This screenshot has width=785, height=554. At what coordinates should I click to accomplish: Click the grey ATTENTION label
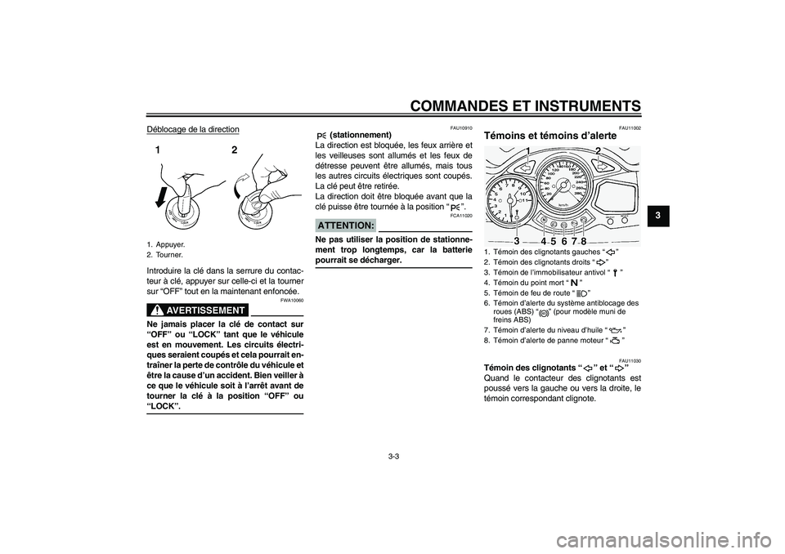(x=345, y=225)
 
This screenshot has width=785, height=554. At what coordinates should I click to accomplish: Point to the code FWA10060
(x=292, y=301)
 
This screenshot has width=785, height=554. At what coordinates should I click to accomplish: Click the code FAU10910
(x=461, y=127)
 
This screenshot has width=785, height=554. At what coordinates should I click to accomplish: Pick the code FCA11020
(x=461, y=216)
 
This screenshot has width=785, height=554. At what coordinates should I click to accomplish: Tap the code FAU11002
(x=630, y=127)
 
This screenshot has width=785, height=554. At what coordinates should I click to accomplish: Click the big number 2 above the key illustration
(x=235, y=151)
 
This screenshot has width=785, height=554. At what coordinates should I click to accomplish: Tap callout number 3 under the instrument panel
(x=517, y=240)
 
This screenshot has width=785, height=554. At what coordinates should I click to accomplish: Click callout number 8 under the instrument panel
(x=584, y=240)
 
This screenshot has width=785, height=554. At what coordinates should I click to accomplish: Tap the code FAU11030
(x=630, y=360)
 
